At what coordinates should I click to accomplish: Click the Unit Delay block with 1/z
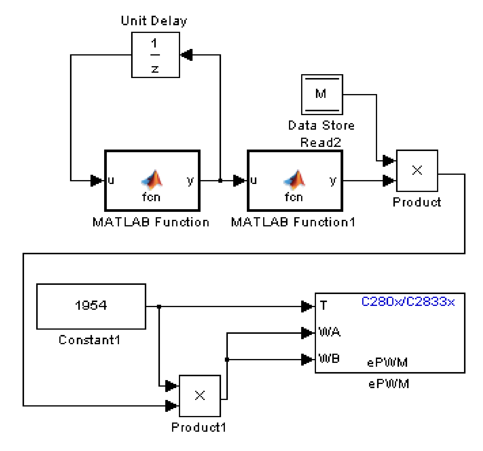pos(155,55)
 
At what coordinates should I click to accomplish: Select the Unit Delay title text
pos(154,21)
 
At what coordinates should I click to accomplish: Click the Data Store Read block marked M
pos(322,94)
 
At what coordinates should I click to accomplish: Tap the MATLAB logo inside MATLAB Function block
pos(152,180)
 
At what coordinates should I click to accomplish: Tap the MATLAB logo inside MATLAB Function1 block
pos(294,180)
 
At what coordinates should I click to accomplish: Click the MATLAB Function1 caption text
pos(293,222)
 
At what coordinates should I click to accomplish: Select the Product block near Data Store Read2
pos(417,171)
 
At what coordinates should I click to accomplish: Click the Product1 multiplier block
pos(200,396)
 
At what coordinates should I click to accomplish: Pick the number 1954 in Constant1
pos(91,305)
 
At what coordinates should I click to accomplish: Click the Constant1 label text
pos(89,340)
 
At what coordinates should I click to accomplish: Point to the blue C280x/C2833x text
pos(408,302)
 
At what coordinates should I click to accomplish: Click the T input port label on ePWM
pos(324,305)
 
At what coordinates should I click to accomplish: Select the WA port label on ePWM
pos(329,332)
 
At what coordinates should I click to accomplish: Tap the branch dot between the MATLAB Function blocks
pos(220,180)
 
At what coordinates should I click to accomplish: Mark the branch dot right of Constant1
pos(159,307)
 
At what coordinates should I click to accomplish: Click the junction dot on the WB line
pos(227,360)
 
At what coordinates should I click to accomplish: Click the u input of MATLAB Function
pos(111,180)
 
